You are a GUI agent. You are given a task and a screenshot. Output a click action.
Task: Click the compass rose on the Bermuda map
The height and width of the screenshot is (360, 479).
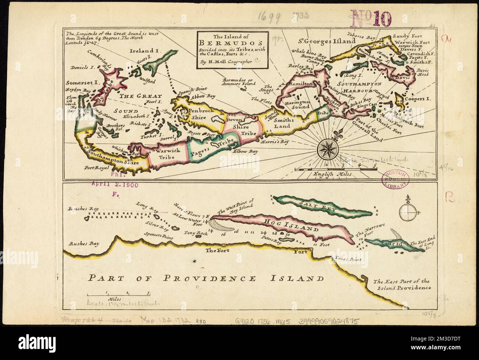coord(326,149)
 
